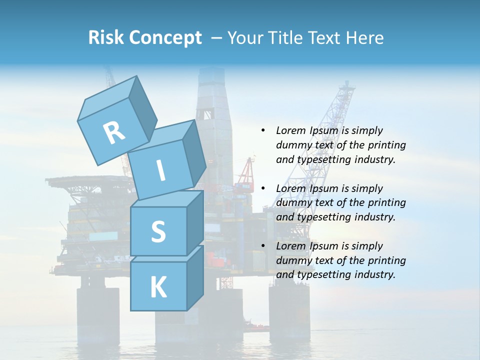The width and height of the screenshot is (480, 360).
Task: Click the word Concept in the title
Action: pyautogui.click(x=165, y=38)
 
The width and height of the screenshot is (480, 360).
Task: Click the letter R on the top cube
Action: pyautogui.click(x=114, y=132)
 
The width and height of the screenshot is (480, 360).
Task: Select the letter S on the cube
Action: pyautogui.click(x=158, y=231)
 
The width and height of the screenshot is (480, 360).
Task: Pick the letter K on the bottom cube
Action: pyautogui.click(x=158, y=287)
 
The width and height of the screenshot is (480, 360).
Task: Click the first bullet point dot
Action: pyautogui.click(x=263, y=131)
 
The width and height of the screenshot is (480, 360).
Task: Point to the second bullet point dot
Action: pyautogui.click(x=263, y=188)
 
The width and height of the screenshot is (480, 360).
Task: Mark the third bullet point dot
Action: pyautogui.click(x=263, y=246)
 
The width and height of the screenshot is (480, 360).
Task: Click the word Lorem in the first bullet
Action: pyautogui.click(x=291, y=130)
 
